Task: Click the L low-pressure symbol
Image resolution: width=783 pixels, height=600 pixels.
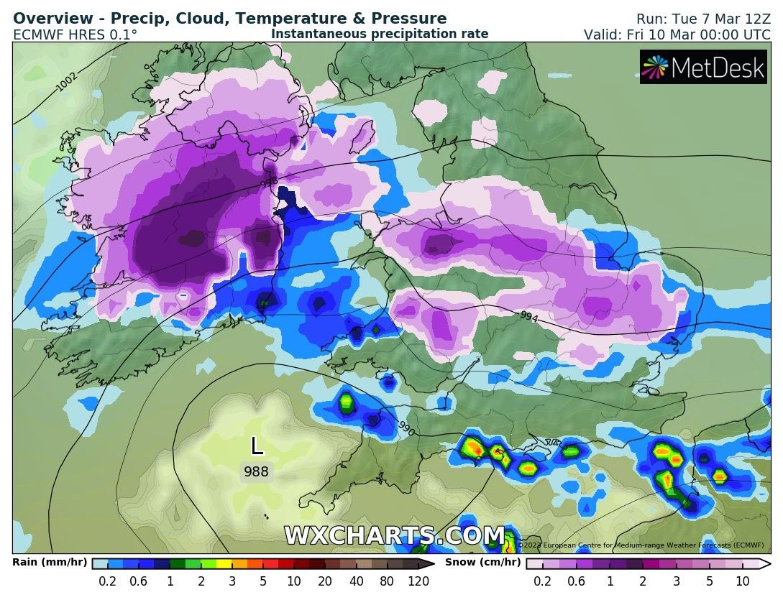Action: coord(257,446)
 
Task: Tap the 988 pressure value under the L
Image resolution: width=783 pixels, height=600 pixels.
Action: coord(256,472)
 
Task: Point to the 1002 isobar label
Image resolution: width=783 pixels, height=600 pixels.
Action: coord(68,82)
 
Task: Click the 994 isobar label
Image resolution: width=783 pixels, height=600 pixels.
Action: coord(529,315)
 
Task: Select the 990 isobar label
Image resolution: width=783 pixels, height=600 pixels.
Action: coord(406,429)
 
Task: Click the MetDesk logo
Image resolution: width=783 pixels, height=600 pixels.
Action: coord(703,67)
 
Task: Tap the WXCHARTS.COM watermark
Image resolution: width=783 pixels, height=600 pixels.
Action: coord(394,536)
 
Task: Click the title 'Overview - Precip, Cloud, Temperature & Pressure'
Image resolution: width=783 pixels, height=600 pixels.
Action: coord(230,19)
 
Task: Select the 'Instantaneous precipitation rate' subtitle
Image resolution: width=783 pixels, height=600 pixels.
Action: coord(380,34)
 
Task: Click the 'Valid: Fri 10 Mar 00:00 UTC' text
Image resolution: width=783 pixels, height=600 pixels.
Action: coord(677,34)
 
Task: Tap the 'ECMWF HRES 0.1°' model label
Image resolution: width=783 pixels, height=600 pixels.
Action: coord(75,34)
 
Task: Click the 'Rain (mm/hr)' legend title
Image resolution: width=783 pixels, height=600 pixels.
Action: coord(49,563)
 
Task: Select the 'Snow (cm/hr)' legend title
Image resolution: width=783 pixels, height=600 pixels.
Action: coord(482,563)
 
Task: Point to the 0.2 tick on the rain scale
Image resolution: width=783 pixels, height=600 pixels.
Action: coord(108,581)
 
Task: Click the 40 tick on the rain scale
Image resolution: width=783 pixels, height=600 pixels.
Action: coord(355,581)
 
